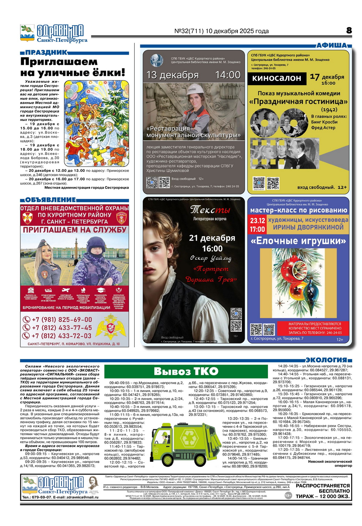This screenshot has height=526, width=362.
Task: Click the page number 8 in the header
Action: [349, 31]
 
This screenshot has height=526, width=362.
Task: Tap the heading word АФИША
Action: [332, 45]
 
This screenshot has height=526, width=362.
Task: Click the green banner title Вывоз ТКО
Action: [186, 371]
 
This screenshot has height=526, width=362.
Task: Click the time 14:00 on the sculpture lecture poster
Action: [228, 75]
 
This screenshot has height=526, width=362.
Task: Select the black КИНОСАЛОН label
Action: [276, 78]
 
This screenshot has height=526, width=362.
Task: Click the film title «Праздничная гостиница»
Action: [299, 102]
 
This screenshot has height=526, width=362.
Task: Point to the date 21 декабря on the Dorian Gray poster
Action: [212, 238]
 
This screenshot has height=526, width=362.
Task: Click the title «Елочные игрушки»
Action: [298, 241]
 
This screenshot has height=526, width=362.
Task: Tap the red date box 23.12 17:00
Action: [257, 225]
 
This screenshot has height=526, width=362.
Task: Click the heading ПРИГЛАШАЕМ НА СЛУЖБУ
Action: [74, 230]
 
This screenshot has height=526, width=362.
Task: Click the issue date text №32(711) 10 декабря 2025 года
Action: [221, 31]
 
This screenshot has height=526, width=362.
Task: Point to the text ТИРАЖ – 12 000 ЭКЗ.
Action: [322, 496]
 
